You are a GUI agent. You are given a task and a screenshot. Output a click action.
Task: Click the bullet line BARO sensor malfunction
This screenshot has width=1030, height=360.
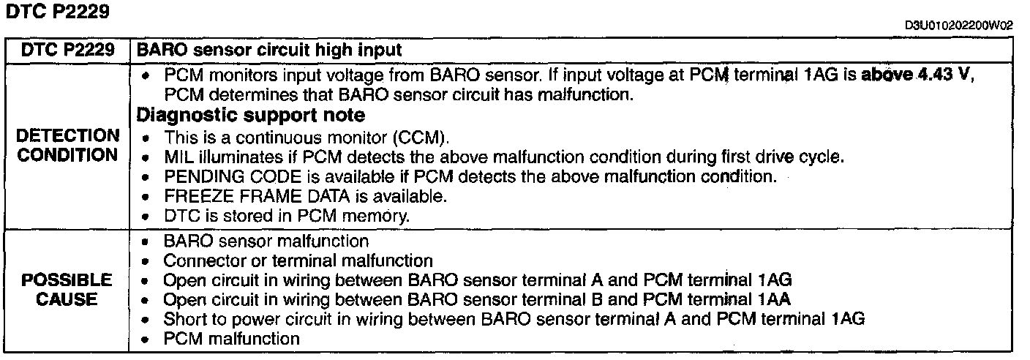(266, 240)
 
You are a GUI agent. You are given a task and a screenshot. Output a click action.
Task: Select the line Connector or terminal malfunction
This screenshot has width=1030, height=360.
(298, 260)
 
